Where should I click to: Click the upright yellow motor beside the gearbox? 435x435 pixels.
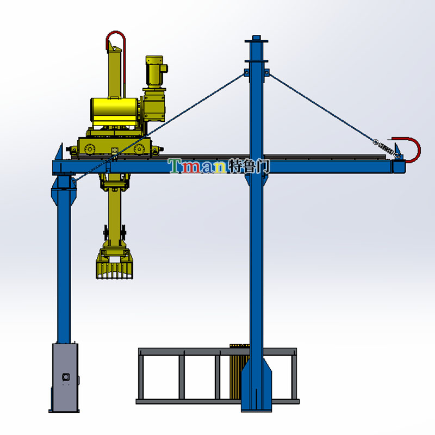155,72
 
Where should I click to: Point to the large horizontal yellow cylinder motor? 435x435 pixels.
114,111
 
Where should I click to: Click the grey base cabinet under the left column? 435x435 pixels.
65,377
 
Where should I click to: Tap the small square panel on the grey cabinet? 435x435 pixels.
66,377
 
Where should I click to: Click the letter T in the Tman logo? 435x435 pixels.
175,166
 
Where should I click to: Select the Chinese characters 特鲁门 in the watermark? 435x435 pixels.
248,166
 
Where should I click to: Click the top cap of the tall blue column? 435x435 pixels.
256,39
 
